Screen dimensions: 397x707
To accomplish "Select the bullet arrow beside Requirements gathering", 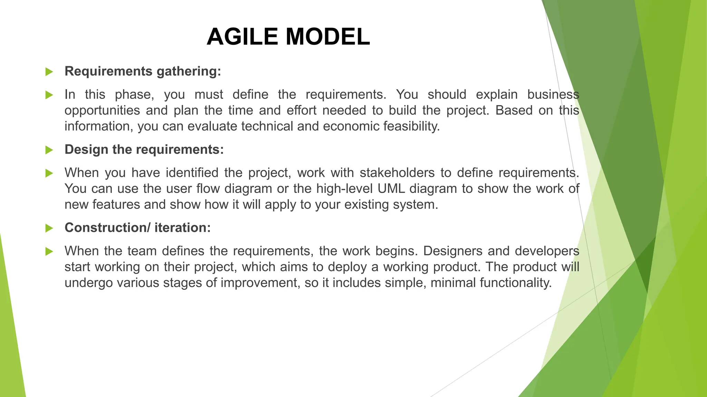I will pyautogui.click(x=49, y=72).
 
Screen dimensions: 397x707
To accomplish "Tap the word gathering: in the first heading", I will pyautogui.click(x=188, y=71).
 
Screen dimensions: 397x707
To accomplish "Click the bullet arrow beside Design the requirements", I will pyautogui.click(x=49, y=150).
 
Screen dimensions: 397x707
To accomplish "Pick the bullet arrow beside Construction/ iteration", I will pyautogui.click(x=49, y=228).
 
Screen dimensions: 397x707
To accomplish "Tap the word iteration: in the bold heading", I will pyautogui.click(x=182, y=228).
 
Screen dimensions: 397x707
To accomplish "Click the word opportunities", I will pyautogui.click(x=102, y=111).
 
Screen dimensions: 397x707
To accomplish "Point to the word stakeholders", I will pyautogui.click(x=397, y=173).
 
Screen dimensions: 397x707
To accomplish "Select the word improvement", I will pyautogui.click(x=260, y=283).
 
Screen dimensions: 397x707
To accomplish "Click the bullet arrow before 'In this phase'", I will pyautogui.click(x=49, y=95).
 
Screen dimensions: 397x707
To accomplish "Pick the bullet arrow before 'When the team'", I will pyautogui.click(x=49, y=251).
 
